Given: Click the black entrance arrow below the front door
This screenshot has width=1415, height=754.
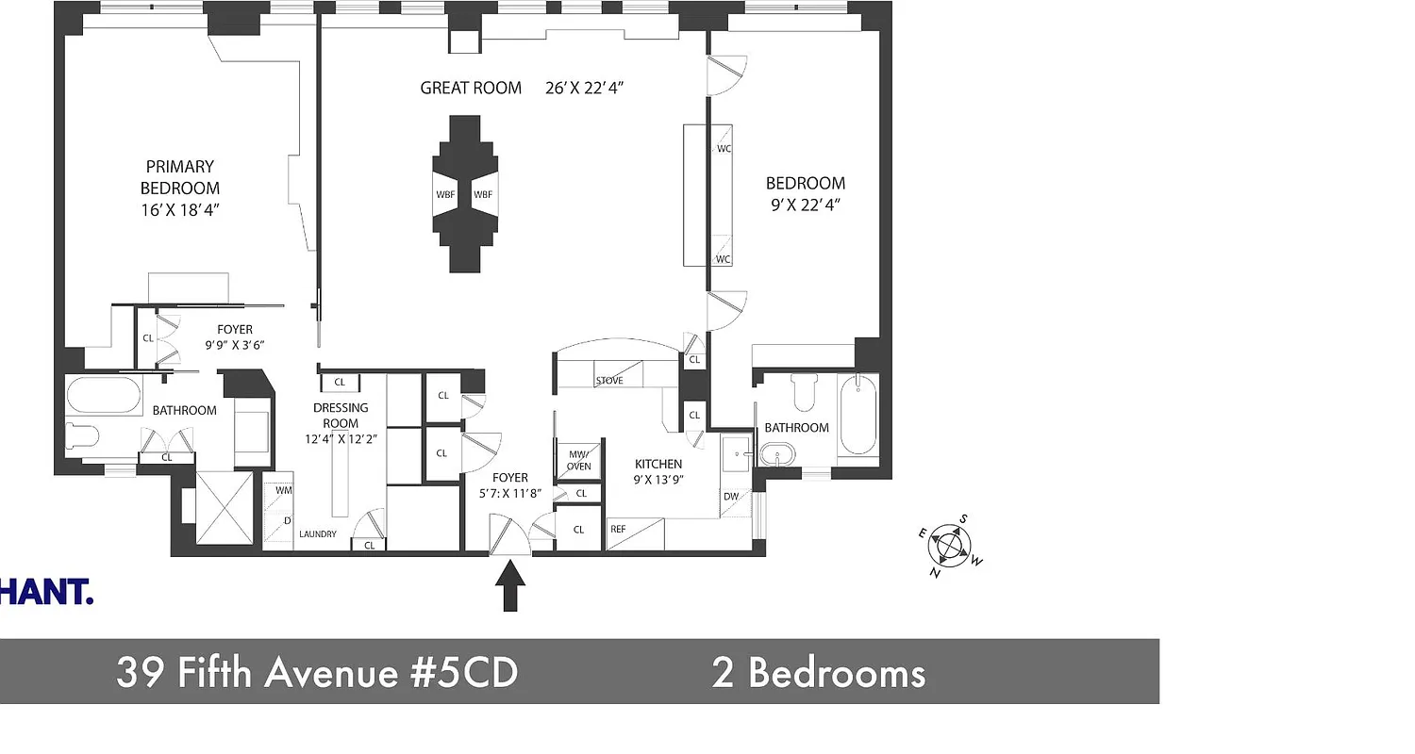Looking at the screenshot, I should [510, 585].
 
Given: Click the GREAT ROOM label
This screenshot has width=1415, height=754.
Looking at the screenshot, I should [471, 89].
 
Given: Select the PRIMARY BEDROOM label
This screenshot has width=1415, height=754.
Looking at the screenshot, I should [180, 177].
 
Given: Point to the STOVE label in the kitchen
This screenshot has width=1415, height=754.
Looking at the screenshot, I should [608, 381].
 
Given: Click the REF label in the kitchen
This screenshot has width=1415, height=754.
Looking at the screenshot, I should [618, 530].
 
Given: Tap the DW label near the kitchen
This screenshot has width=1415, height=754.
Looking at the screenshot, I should [731, 497].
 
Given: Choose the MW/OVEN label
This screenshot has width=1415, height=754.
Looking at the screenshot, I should [578, 460].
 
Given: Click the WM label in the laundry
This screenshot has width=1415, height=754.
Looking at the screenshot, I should [283, 490].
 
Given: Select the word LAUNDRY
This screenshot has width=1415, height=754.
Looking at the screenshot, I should [318, 534].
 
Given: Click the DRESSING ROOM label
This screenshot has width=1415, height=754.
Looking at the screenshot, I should [341, 416].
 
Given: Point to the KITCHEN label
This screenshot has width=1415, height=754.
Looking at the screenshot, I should [658, 464].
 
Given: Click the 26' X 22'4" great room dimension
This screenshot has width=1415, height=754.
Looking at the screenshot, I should [585, 89].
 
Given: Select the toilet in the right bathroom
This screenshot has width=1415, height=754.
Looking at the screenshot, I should [805, 391].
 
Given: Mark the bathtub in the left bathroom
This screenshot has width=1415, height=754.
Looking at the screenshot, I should [104, 395].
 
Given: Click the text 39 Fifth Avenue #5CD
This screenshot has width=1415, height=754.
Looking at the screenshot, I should [317, 673].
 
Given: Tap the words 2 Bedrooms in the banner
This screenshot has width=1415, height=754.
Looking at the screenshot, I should [818, 673].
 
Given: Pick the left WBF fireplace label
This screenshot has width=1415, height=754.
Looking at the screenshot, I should [444, 195].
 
